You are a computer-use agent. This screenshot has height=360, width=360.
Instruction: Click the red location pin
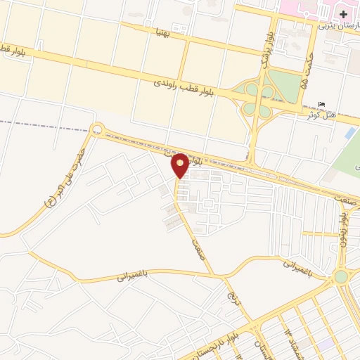180,166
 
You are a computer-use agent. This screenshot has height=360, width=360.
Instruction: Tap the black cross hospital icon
342,14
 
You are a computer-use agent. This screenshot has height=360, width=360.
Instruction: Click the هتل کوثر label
321,114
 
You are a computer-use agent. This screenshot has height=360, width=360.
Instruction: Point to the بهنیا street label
162,32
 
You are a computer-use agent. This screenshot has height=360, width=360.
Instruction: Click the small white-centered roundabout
96,129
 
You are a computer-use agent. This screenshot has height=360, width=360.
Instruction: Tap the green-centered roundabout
341,276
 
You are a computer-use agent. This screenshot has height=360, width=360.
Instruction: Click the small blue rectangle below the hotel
350,132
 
